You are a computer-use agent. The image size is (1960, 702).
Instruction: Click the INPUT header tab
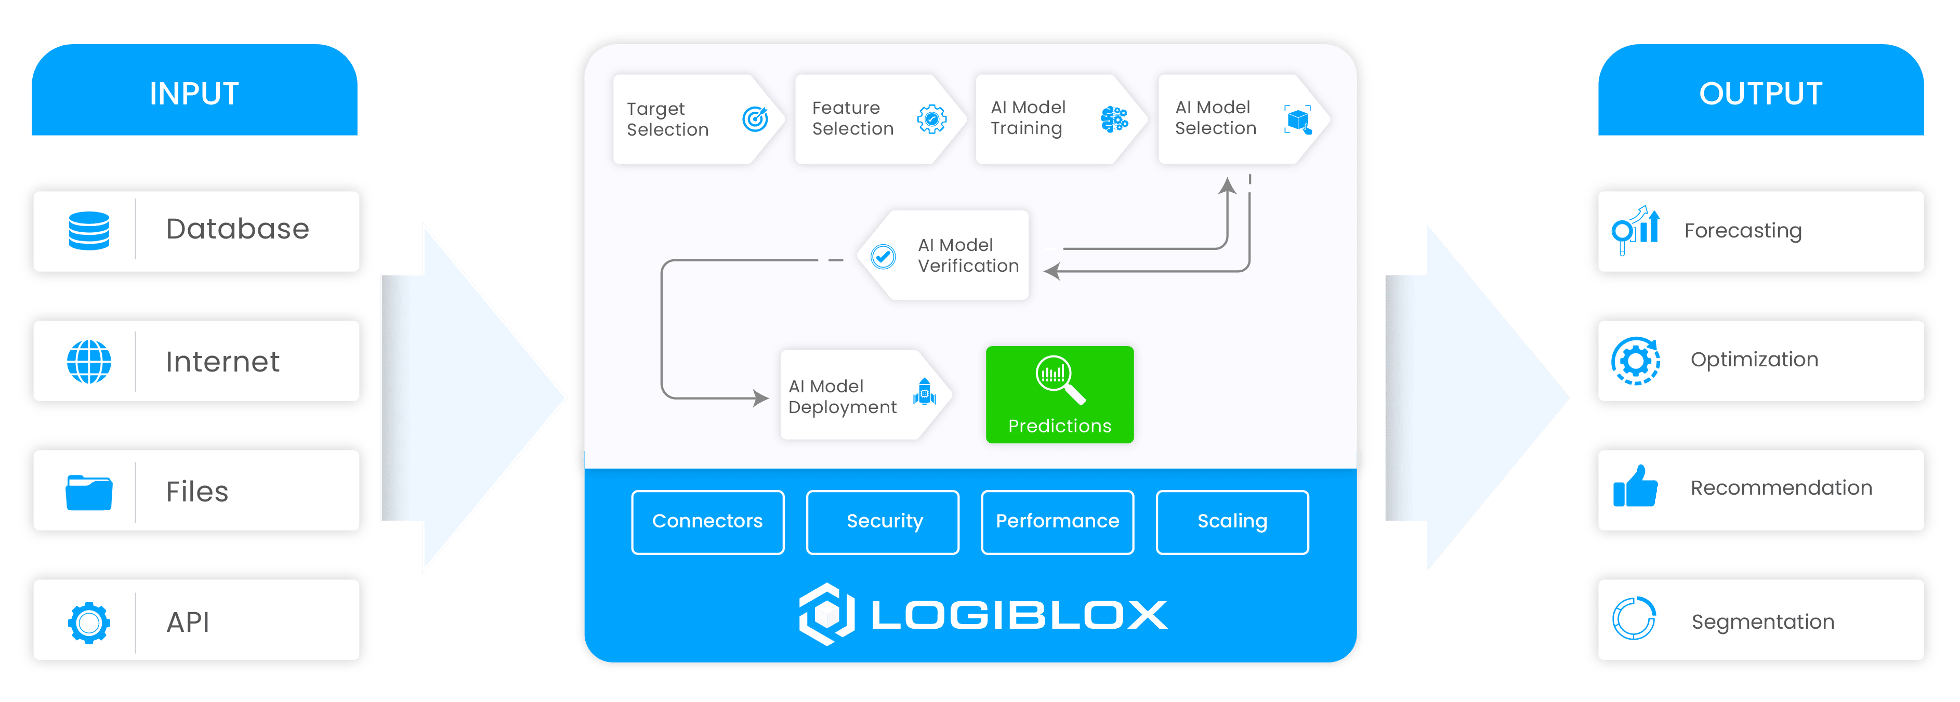click(194, 93)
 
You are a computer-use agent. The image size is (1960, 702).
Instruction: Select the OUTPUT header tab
click(1760, 93)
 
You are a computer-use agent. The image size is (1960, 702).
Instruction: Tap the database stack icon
click(89, 231)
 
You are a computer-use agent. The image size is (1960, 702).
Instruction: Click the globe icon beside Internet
click(89, 361)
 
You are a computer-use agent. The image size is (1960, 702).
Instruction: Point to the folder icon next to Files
click(89, 492)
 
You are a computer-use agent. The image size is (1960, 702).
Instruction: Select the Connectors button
click(707, 522)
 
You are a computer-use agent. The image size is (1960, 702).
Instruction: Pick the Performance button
click(1058, 522)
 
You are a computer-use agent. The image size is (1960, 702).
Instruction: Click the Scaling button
click(1232, 522)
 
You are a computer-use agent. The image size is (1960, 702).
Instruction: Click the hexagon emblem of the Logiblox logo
click(827, 614)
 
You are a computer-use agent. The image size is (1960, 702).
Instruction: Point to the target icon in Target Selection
click(755, 118)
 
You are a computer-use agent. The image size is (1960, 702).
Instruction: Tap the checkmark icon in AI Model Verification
click(884, 256)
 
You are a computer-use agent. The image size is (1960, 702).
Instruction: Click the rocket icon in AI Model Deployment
click(925, 392)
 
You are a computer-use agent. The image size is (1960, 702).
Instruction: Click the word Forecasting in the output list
click(1742, 231)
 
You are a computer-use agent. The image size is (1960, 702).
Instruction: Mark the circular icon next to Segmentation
click(1634, 619)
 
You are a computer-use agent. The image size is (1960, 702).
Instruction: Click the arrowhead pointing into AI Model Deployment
click(761, 398)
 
